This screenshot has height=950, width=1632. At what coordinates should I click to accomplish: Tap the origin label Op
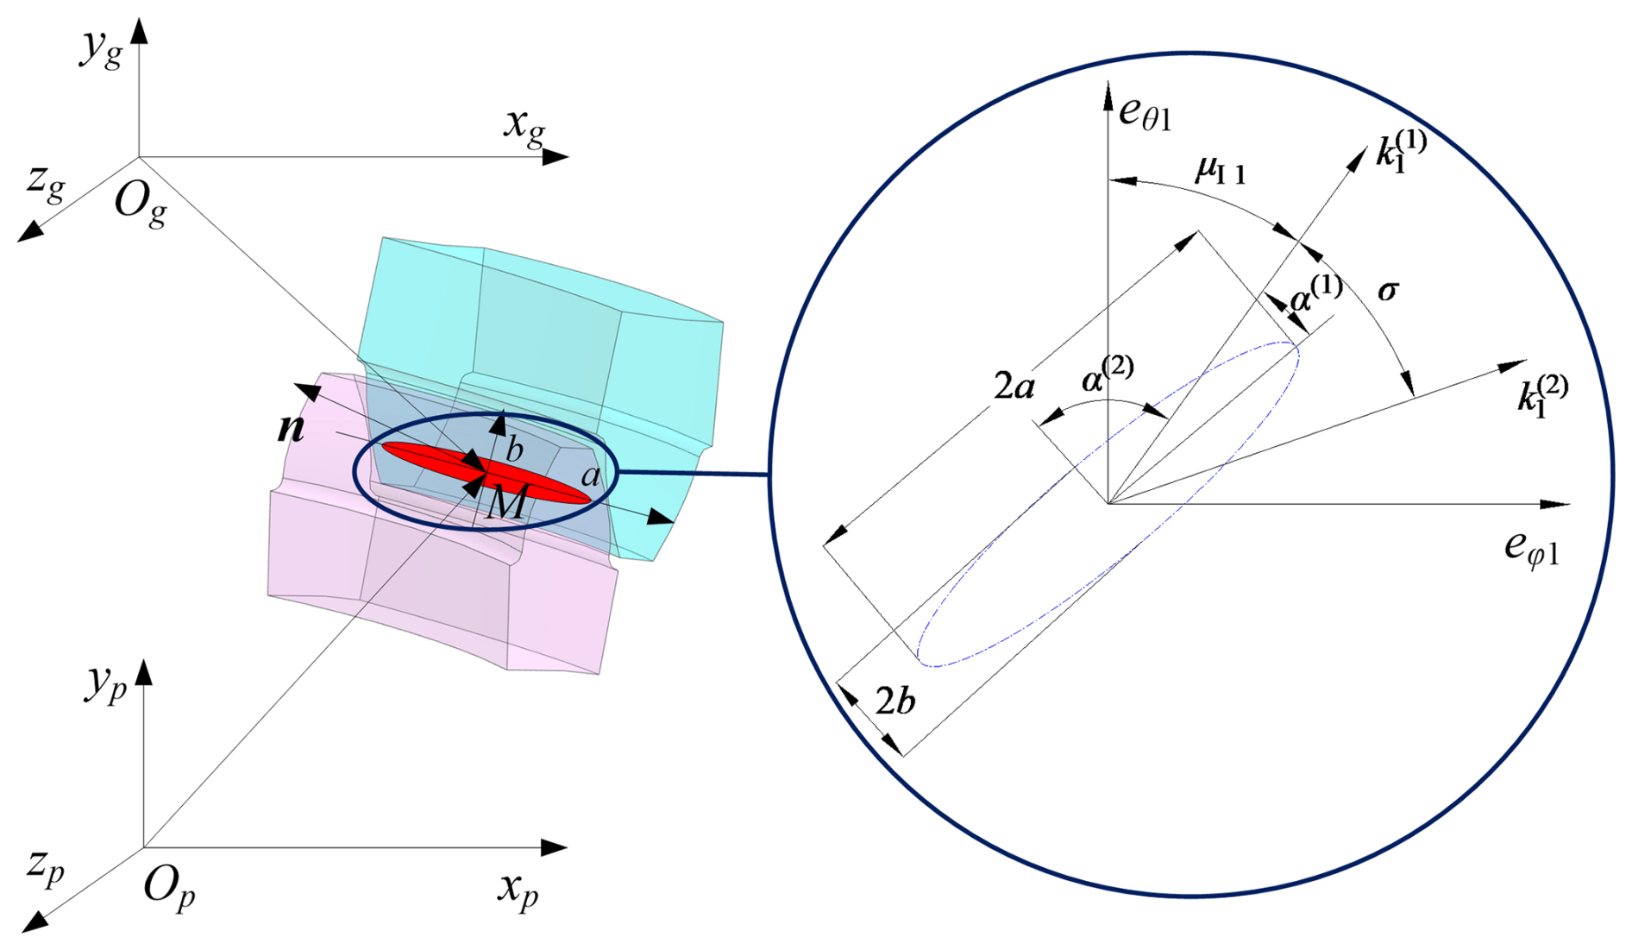168,887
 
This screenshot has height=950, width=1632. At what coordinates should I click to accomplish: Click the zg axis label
46,182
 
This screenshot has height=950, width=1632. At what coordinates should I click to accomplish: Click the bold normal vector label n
291,427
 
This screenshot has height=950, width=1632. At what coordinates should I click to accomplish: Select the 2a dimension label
1014,386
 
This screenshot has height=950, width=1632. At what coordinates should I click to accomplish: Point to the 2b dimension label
894,702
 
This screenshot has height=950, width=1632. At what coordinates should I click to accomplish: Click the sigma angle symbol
1387,291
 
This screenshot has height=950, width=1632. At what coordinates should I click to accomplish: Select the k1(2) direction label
1542,394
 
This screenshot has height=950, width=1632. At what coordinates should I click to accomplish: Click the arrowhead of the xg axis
556,157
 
